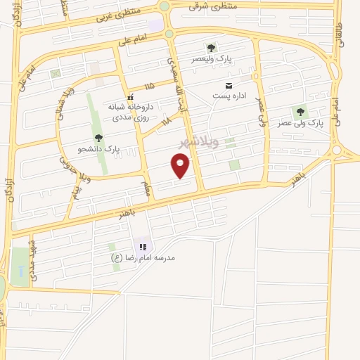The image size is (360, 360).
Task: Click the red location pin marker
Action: (181, 166)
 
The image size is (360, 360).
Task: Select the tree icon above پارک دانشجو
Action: (98, 138)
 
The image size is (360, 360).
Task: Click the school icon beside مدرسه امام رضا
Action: (143, 247)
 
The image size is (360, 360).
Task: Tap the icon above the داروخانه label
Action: (129, 98)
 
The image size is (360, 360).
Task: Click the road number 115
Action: (148, 86)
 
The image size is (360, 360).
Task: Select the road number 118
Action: (166, 122)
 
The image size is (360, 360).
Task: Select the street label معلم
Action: (146, 188)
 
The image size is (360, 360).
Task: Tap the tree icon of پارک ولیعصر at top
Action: (210, 48)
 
